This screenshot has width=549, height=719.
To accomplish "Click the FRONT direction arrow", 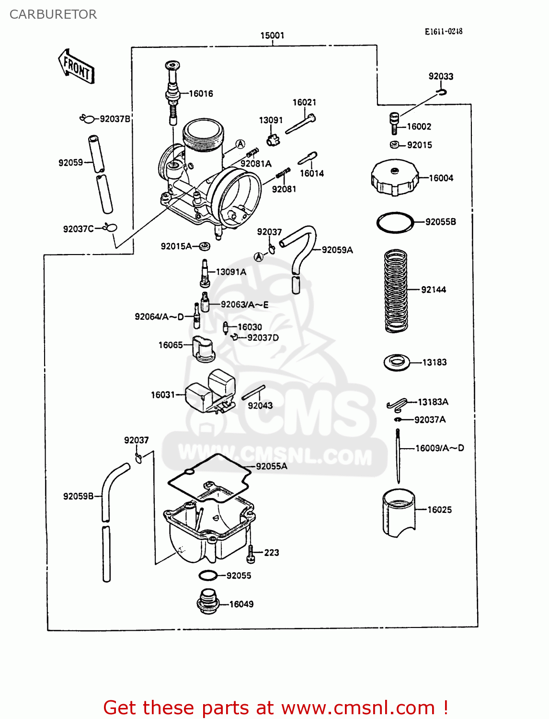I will [76, 67].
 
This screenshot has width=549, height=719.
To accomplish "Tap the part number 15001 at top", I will [272, 35].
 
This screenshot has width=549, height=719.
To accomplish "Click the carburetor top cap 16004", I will [394, 178].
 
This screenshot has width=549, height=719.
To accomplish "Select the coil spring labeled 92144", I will [396, 290].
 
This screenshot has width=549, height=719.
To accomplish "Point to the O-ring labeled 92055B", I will [395, 222].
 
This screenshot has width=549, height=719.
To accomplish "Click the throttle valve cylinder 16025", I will [398, 512].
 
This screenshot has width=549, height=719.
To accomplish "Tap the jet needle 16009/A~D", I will [398, 455].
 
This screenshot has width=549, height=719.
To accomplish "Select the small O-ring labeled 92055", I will [207, 575].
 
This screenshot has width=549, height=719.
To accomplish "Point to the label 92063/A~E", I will [244, 304].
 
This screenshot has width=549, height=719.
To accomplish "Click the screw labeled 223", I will [250, 554].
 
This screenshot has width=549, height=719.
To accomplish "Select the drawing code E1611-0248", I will [443, 32].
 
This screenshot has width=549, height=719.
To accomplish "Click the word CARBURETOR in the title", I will [53, 14].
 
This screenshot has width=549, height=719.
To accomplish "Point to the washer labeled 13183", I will [397, 362].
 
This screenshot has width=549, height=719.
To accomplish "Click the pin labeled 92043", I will [253, 392].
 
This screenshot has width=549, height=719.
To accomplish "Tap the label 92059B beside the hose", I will [78, 496].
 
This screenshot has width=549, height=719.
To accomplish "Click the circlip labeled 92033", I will [442, 92].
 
